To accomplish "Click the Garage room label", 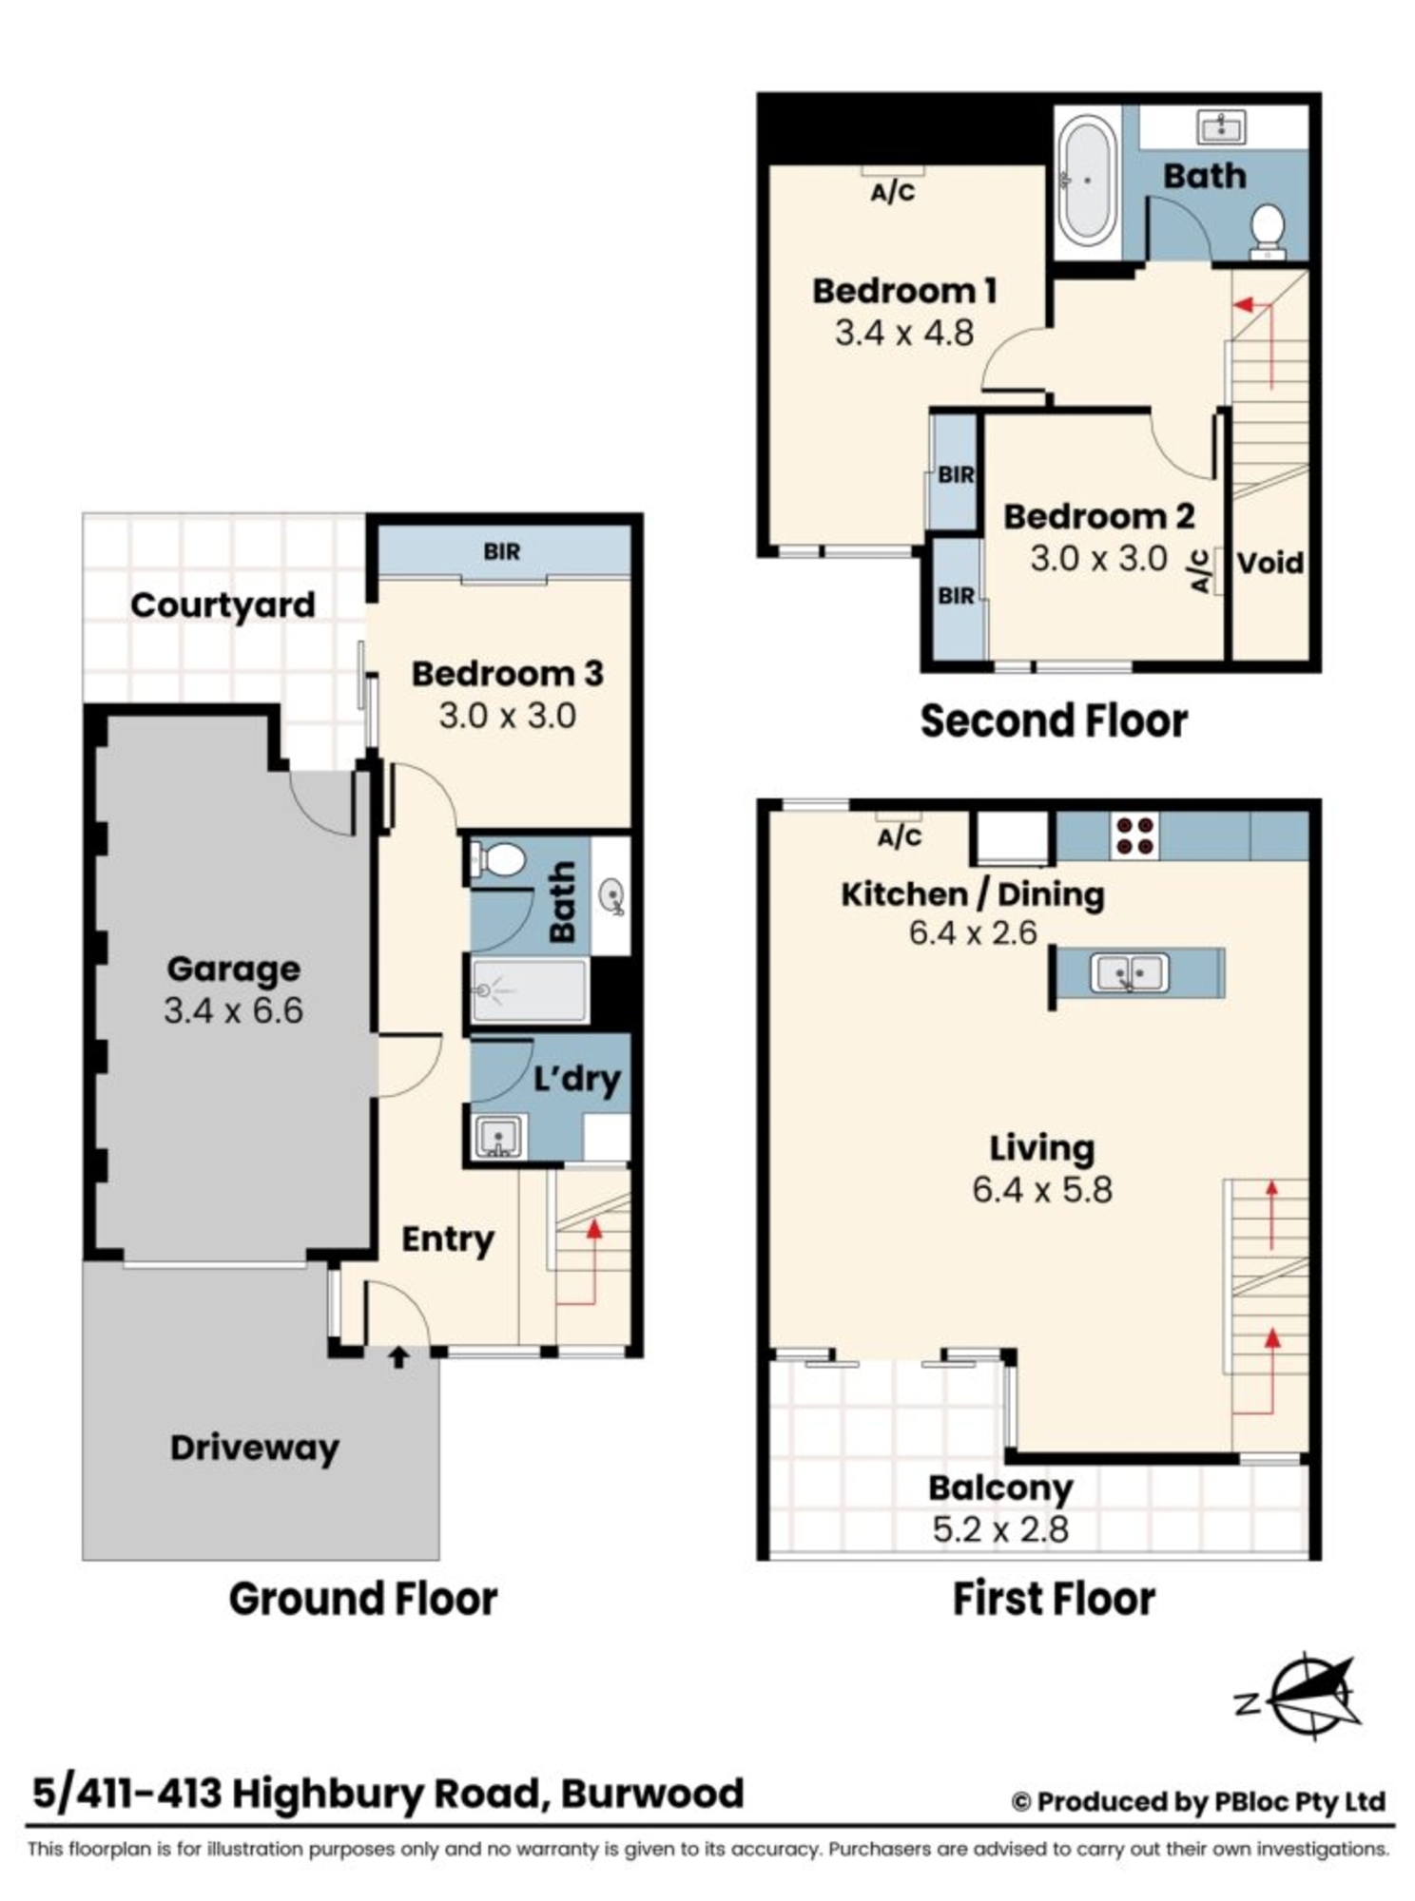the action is pyautogui.click(x=234, y=969).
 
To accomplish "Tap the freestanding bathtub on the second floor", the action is pyautogui.click(x=1088, y=180).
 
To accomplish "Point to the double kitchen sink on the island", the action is pyautogui.click(x=1129, y=973).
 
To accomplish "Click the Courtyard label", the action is pyautogui.click(x=223, y=605).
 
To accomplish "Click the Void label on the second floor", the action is pyautogui.click(x=1270, y=563).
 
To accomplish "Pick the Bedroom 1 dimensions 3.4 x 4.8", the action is pyautogui.click(x=904, y=334).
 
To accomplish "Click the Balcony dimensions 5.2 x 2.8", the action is pyautogui.click(x=1000, y=1529).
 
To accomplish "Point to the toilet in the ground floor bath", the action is pyautogui.click(x=497, y=860).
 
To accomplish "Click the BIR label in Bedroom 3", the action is pyautogui.click(x=502, y=551).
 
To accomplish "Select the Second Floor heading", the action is pyautogui.click(x=1054, y=720).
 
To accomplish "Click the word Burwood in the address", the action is pyautogui.click(x=652, y=1794).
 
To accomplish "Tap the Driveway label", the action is pyautogui.click(x=255, y=1448).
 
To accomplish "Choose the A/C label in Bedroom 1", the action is pyautogui.click(x=893, y=193).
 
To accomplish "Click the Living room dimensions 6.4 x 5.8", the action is pyautogui.click(x=1042, y=1190).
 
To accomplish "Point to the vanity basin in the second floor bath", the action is pyautogui.click(x=1222, y=126).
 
